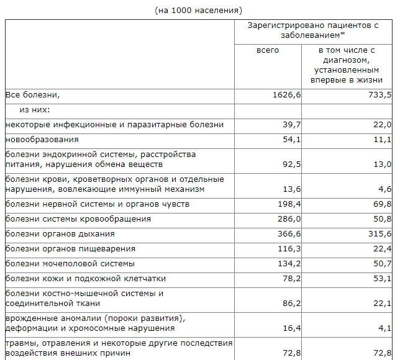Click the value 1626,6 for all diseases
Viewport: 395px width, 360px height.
click(286, 95)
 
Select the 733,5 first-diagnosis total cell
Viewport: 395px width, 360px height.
click(379, 95)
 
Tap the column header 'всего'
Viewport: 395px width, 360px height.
click(268, 50)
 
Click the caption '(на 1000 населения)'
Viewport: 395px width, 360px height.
click(197, 10)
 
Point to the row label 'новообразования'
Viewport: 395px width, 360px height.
click(42, 140)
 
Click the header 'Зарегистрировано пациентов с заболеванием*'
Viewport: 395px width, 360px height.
click(313, 30)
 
